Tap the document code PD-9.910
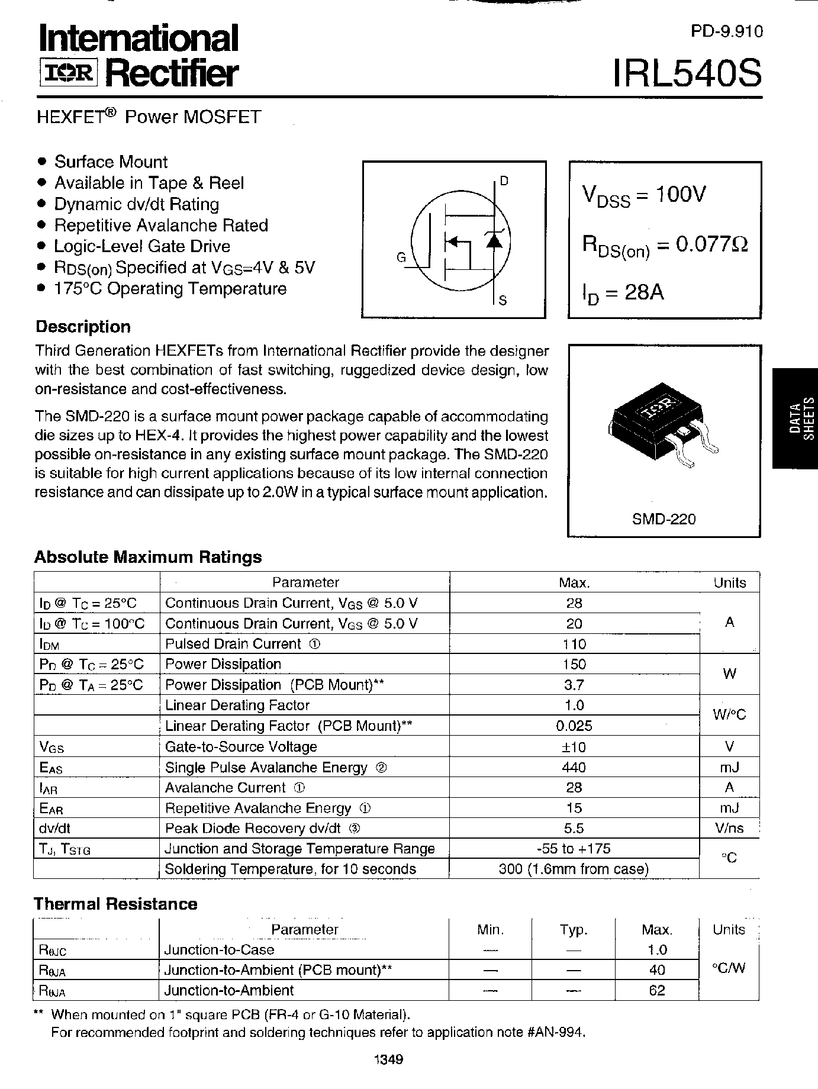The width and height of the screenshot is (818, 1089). [727, 32]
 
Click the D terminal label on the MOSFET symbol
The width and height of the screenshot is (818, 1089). [504, 182]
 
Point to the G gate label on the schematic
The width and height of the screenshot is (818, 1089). [401, 257]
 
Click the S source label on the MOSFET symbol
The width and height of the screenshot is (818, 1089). [503, 301]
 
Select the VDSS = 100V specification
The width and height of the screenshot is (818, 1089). [645, 195]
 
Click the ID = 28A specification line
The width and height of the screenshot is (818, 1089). [623, 293]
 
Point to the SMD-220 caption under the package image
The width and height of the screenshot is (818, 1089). [664, 519]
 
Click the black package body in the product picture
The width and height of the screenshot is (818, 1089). [651, 420]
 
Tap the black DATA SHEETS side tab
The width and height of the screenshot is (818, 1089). [795, 418]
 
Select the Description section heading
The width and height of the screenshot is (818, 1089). [83, 327]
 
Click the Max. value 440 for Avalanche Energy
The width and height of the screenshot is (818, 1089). [574, 768]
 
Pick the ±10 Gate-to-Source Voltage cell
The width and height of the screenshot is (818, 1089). [574, 747]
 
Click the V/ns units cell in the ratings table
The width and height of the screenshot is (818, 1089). [729, 829]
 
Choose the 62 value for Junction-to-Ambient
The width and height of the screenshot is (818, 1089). [657, 990]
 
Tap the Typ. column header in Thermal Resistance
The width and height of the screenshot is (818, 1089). [573, 930]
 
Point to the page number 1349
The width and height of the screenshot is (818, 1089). [388, 1060]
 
